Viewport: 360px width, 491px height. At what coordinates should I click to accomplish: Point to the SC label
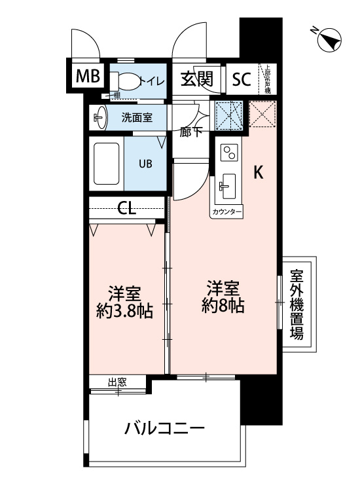coord(242,80)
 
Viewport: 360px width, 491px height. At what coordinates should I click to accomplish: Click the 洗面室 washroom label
coord(137,118)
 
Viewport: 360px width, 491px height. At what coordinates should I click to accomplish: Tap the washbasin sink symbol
coord(99,118)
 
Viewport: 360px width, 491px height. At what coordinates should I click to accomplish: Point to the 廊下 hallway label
coord(190,131)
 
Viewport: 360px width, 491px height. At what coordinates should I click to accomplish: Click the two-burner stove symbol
coord(229,153)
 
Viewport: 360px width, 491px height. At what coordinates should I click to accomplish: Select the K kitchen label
coord(259,172)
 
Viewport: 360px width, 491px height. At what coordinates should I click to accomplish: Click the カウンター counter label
coord(227,213)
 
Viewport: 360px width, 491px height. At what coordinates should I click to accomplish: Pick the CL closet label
coord(127,209)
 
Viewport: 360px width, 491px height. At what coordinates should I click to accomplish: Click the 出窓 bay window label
coord(117,383)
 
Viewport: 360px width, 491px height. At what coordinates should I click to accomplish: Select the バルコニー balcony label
coord(165,429)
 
